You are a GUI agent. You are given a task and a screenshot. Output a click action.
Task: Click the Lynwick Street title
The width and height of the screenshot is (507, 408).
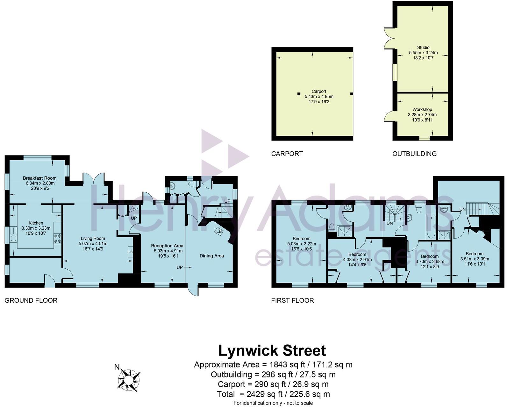point(272,351)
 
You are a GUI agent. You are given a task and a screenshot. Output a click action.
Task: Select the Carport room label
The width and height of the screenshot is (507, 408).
point(319,91)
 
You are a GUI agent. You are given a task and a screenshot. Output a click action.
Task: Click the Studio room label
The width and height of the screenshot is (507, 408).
point(423,47)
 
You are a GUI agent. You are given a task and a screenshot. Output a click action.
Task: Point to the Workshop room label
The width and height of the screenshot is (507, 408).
point(422,109)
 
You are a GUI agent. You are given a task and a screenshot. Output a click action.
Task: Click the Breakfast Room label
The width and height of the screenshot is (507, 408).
point(40,178)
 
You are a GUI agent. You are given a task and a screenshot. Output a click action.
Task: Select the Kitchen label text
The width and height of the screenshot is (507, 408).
point(36,223)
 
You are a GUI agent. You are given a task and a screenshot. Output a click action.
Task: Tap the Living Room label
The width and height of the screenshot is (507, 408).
point(93,238)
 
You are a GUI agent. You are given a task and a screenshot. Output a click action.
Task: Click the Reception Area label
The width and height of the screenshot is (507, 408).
point(167,245)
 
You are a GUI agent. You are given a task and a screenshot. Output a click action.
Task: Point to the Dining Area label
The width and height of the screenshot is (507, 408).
point(211,256)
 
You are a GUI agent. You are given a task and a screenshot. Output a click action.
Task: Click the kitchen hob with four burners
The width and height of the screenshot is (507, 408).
point(58,239)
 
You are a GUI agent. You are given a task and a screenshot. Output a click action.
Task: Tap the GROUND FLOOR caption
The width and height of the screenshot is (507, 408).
point(31,300)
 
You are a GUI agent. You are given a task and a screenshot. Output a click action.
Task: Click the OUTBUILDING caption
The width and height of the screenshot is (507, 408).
point(414,154)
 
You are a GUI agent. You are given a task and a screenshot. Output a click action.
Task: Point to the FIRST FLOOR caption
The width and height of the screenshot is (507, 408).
point(292,300)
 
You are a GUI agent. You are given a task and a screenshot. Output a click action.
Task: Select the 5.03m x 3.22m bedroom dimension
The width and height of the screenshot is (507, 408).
point(301,244)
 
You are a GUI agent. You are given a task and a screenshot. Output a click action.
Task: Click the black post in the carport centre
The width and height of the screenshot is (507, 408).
point(299,94)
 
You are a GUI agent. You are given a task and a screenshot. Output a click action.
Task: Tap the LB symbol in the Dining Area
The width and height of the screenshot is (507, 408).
point(219,231)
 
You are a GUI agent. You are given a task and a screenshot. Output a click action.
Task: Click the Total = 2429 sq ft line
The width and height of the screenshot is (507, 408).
point(273,394)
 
